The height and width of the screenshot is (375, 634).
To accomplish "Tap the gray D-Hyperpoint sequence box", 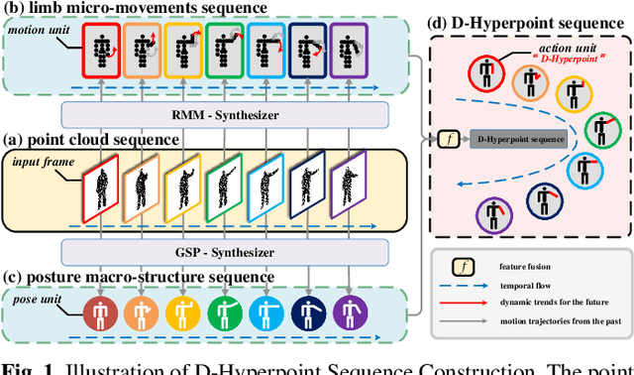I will (517, 138).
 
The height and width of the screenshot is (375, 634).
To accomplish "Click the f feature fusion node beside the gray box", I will (451, 138).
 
